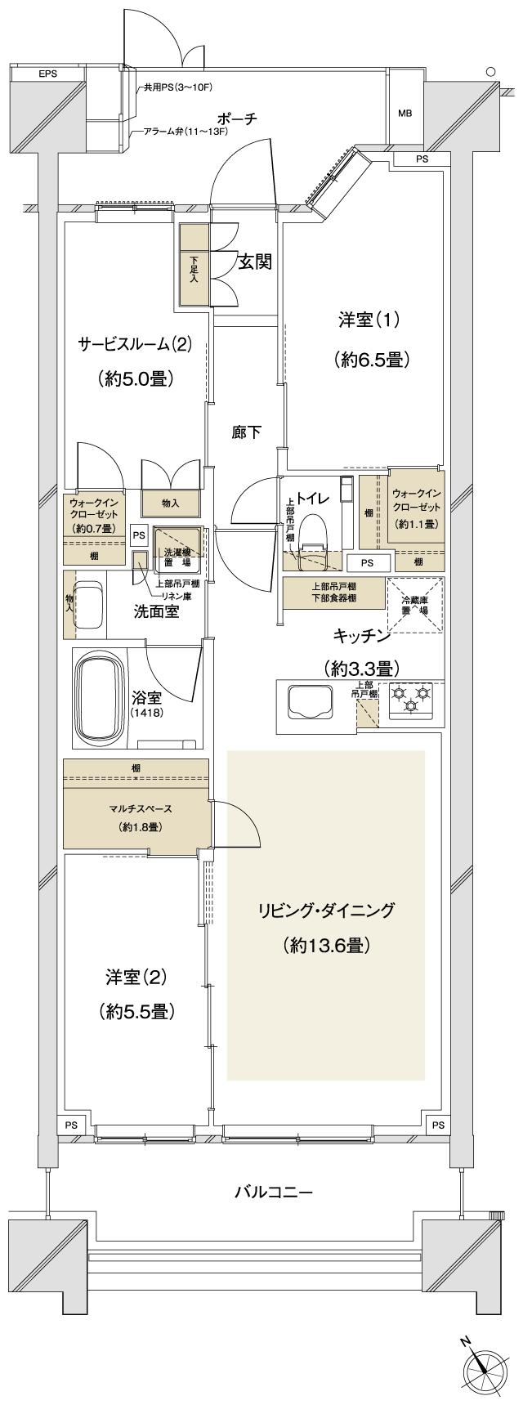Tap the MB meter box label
point(405,113)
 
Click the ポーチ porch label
point(238,119)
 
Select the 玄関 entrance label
point(255,262)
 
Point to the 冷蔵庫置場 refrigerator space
point(415,606)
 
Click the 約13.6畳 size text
point(328,946)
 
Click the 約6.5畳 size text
point(370,359)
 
